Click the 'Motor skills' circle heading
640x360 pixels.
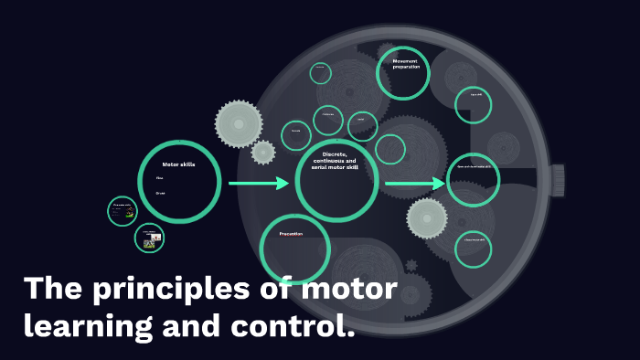(179, 164)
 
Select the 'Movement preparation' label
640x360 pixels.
(405, 64)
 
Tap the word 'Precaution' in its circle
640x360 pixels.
(291, 234)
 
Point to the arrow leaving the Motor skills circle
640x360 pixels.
(258, 184)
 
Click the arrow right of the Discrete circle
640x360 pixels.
(414, 184)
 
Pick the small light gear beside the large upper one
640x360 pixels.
(263, 152)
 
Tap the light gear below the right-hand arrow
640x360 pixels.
(427, 218)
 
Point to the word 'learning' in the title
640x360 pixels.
(80, 324)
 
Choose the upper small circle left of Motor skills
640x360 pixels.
(122, 211)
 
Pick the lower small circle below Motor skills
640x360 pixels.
(149, 239)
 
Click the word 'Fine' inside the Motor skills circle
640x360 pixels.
(159, 178)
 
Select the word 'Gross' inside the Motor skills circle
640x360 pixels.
(160, 193)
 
